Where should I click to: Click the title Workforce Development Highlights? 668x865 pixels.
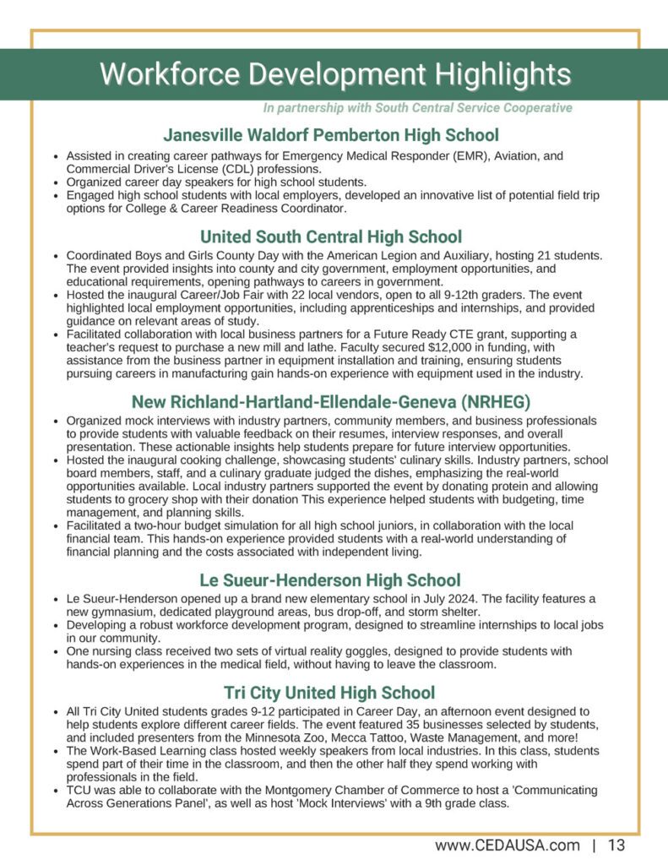coord(334,74)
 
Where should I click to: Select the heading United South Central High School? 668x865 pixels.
coord(331,237)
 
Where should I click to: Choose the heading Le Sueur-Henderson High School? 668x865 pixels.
coord(330,580)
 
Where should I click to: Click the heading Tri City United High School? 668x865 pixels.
coord(330,694)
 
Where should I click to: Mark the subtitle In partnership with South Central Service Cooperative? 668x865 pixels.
coord(417,108)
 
